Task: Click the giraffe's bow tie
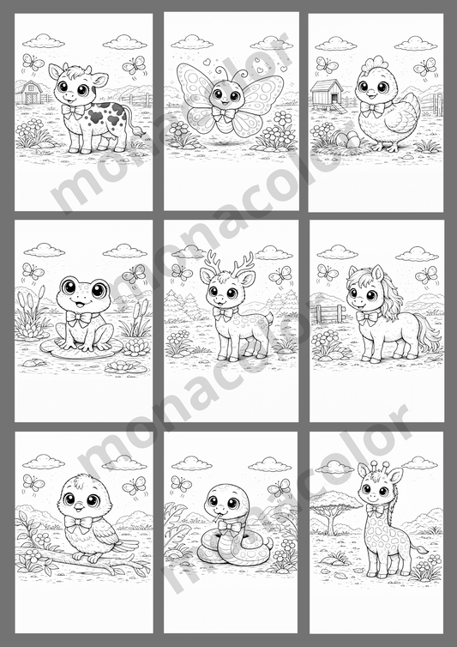tap(376, 517)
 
